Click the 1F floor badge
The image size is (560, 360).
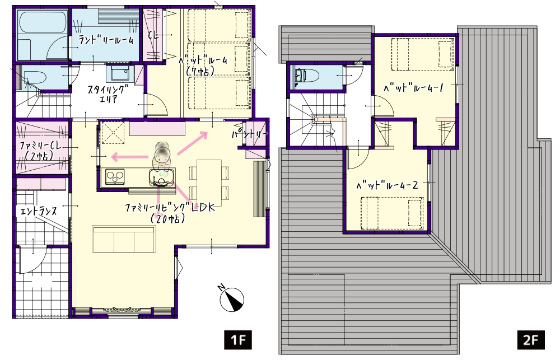point(238,340)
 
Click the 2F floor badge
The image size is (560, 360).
point(531,340)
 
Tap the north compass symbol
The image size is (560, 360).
point(231,298)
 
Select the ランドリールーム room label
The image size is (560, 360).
point(105,40)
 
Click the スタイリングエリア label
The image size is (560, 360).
point(107,94)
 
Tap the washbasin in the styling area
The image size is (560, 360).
point(120,74)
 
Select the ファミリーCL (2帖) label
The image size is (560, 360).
point(41,151)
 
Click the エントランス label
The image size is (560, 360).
point(39,211)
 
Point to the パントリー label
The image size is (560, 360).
point(249,134)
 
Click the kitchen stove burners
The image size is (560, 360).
point(115,177)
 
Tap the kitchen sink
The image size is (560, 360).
point(162,177)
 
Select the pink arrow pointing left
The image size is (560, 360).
point(130,156)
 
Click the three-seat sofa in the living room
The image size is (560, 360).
point(124,239)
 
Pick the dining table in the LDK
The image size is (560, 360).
point(209,183)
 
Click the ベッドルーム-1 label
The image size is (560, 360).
point(413,87)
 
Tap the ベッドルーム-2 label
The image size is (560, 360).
point(387,185)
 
